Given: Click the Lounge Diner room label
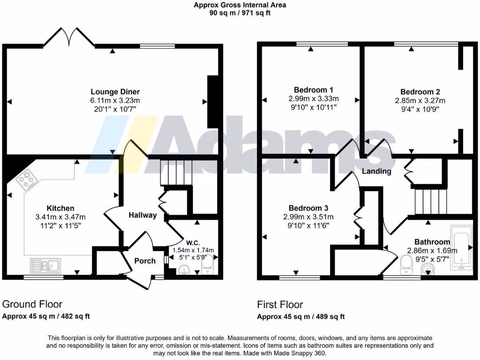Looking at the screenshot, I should pyautogui.click(x=115, y=92).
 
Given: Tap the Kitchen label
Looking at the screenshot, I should pyautogui.click(x=60, y=208).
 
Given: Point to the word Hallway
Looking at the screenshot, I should pyautogui.click(x=143, y=215).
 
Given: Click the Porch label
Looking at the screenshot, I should pyautogui.click(x=145, y=261).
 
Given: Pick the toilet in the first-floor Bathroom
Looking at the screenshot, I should pyautogui.click(x=405, y=266).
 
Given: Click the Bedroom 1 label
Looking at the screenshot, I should pyautogui.click(x=314, y=90).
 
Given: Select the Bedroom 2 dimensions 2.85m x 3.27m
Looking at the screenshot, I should pyautogui.click(x=420, y=100).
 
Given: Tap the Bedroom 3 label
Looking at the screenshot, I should pyautogui.click(x=308, y=208).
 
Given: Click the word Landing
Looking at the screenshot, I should pyautogui.click(x=376, y=172).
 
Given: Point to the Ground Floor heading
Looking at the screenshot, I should pyautogui.click(x=32, y=304).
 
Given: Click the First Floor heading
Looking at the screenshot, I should pyautogui.click(x=280, y=305).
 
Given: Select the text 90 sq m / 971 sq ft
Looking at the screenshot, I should pyautogui.click(x=240, y=13).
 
